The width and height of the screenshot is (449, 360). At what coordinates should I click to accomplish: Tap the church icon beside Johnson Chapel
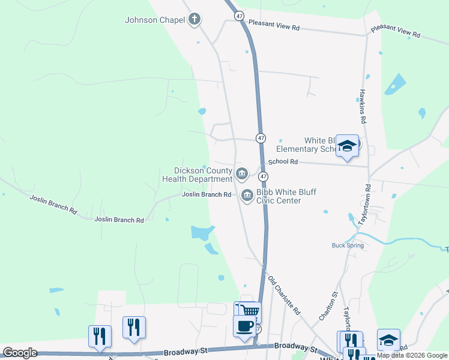coord(194,20)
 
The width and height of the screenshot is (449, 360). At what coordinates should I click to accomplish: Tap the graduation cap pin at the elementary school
coord(347,146)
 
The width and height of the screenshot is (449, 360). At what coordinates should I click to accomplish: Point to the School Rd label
coord(283,162)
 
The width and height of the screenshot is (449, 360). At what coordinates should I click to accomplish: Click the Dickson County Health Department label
coord(197,175)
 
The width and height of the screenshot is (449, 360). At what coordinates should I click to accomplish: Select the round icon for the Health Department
coord(241,174)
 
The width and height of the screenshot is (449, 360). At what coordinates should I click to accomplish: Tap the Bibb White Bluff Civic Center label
coord(286,196)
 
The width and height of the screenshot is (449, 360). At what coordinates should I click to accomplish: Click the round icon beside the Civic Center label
coord(247,196)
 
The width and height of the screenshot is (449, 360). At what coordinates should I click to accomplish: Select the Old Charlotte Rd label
coord(284,296)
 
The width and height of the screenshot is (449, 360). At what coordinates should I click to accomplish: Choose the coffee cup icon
coord(244,327)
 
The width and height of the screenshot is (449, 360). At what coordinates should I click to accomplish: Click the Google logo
coord(20,353)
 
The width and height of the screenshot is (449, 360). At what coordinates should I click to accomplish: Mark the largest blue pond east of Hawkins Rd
coord(395,85)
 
